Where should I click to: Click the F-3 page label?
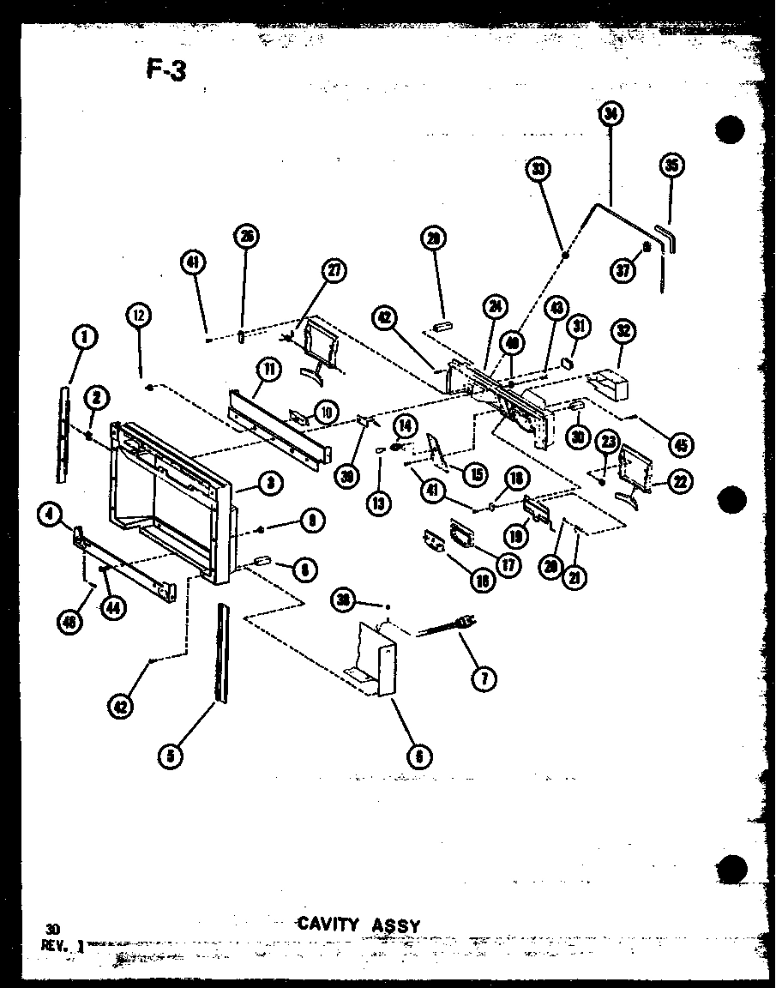(x=165, y=69)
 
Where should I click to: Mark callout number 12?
(x=140, y=316)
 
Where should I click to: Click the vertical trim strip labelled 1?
(x=65, y=432)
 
